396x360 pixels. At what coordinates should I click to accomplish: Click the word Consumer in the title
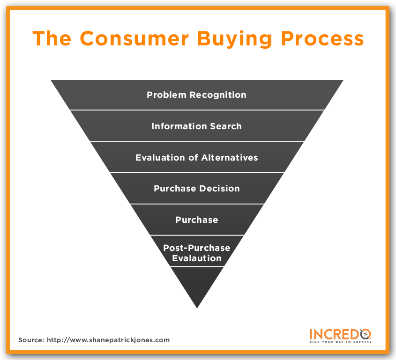pyautogui.click(x=134, y=38)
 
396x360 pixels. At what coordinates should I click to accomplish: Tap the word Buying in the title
pyautogui.click(x=234, y=39)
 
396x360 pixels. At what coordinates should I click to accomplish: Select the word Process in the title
pyautogui.click(x=322, y=38)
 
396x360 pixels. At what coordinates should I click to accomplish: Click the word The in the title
pyautogui.click(x=52, y=38)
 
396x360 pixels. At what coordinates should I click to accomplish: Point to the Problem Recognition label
pyautogui.click(x=196, y=95)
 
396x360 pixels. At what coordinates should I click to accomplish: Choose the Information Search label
pyautogui.click(x=196, y=126)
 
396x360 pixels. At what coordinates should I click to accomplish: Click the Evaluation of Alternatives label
pyautogui.click(x=196, y=157)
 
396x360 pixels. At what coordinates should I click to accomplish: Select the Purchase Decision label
pyautogui.click(x=196, y=189)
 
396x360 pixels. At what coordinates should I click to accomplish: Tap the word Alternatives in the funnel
pyautogui.click(x=230, y=157)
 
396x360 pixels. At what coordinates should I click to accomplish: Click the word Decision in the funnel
pyautogui.click(x=219, y=189)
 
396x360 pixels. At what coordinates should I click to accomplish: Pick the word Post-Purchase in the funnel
pyautogui.click(x=196, y=248)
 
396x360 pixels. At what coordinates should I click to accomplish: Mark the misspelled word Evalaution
pyautogui.click(x=196, y=258)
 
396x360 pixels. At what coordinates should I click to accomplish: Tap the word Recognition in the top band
pyautogui.click(x=218, y=95)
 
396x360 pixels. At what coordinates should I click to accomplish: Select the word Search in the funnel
pyautogui.click(x=226, y=126)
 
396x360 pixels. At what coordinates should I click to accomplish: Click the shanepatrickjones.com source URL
pyautogui.click(x=108, y=340)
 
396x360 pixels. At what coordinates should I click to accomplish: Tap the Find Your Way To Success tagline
pyautogui.click(x=340, y=342)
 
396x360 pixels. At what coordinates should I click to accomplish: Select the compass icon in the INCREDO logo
pyautogui.click(x=365, y=334)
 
